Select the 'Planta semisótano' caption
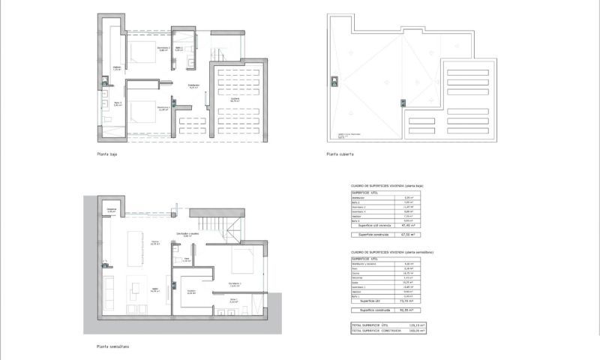tap(112, 346)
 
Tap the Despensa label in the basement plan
tap(111, 210)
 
